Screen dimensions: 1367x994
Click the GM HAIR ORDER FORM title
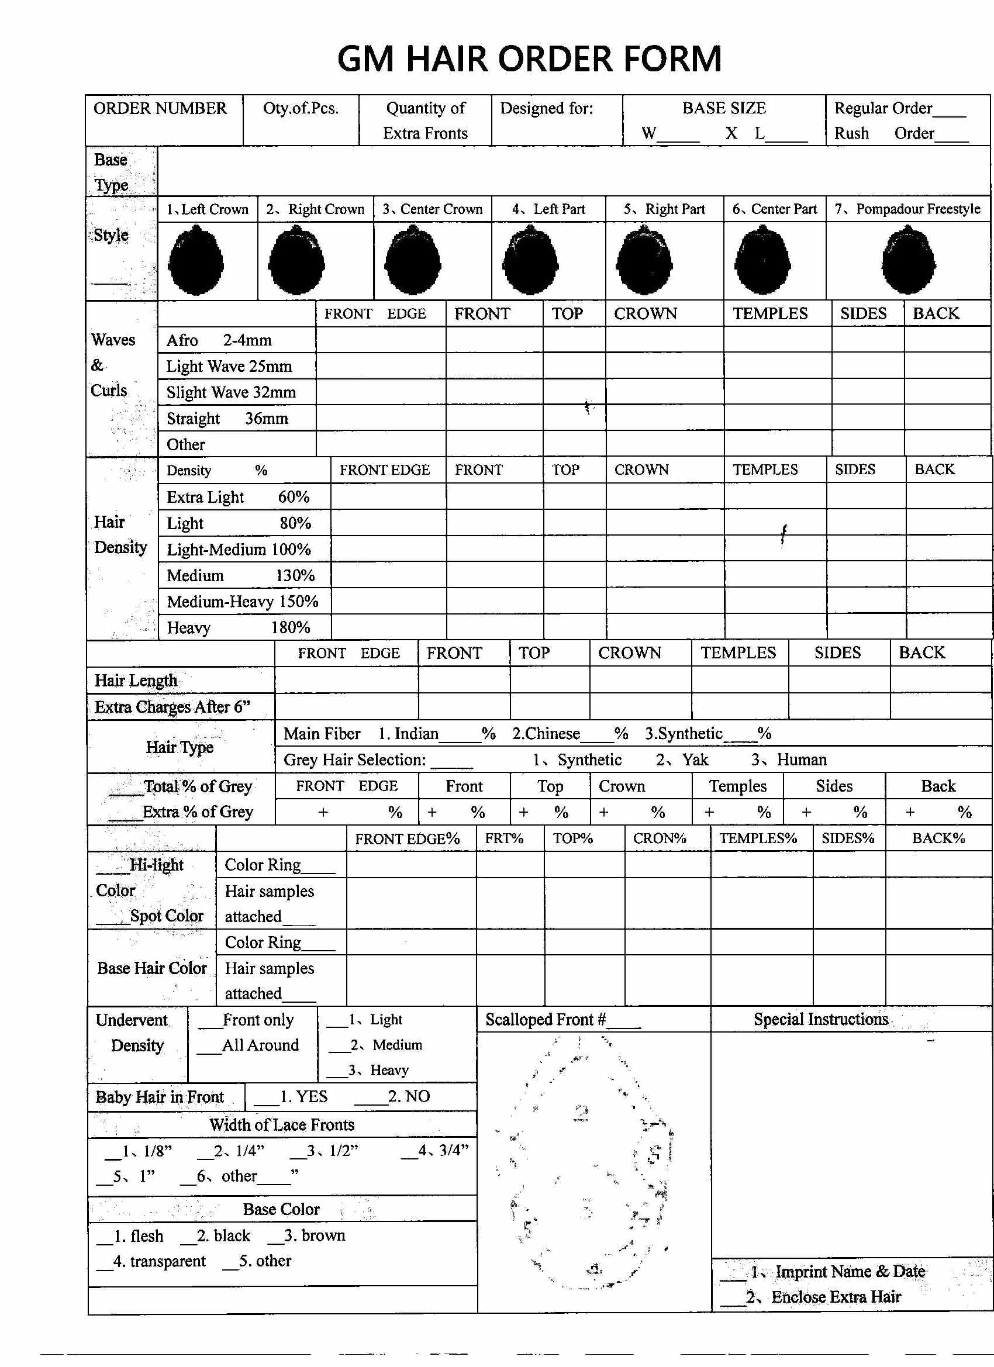click(x=529, y=59)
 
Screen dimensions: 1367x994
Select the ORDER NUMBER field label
click(x=160, y=109)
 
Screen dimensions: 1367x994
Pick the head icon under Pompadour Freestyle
click(x=909, y=260)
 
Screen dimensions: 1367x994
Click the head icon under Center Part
click(x=762, y=261)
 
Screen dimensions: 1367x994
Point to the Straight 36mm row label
click(x=227, y=418)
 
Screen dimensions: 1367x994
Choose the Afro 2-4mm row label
click(x=219, y=340)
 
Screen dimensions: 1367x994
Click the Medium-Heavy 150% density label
click(x=242, y=602)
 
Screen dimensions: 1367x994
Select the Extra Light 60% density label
click(x=237, y=497)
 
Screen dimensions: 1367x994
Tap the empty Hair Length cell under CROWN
click(x=640, y=680)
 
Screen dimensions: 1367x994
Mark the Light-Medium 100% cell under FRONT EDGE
click(x=388, y=549)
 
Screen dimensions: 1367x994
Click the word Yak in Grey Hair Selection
click(x=695, y=760)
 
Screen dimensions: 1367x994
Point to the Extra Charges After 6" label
click(x=172, y=706)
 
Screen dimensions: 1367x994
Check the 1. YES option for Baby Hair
click(x=292, y=1096)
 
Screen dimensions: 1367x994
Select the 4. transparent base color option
click(x=152, y=1261)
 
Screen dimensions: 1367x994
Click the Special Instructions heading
click(x=820, y=1019)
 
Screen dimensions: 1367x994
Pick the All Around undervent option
click(x=249, y=1044)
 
